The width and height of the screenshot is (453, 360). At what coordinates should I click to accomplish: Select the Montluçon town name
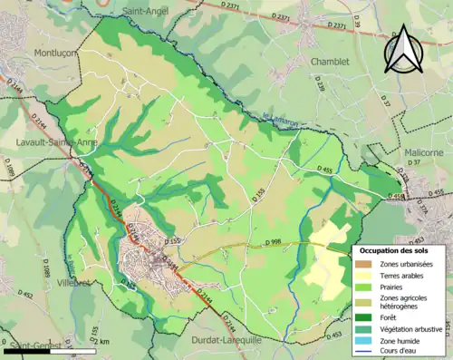pyautogui.click(x=57, y=54)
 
